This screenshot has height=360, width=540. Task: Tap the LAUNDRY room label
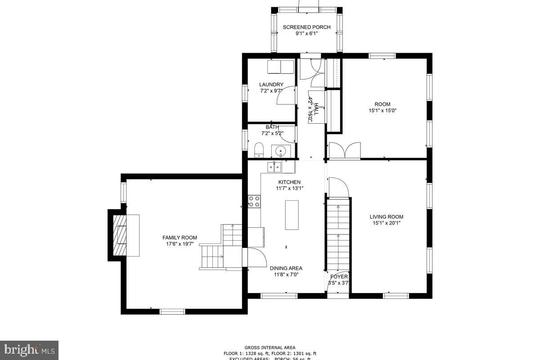coord(271,85)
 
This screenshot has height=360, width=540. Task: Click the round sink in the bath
coord(281,151)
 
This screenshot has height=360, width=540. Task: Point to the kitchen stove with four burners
coord(254,201)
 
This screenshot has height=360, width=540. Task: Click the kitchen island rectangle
coord(292,215)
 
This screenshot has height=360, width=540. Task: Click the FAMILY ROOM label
coord(180,238)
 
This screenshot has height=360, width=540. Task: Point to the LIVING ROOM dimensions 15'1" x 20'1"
coord(386,223)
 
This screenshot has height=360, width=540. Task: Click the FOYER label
coord(339,277)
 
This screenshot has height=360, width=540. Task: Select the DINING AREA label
coord(286,268)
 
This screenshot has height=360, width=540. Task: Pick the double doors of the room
coord(344,150)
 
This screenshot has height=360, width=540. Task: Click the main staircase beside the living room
coord(338,234)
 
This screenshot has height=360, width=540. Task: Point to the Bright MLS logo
coord(29,350)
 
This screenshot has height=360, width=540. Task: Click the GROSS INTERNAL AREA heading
coord(270,347)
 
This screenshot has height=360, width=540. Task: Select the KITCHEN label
coord(289,182)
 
